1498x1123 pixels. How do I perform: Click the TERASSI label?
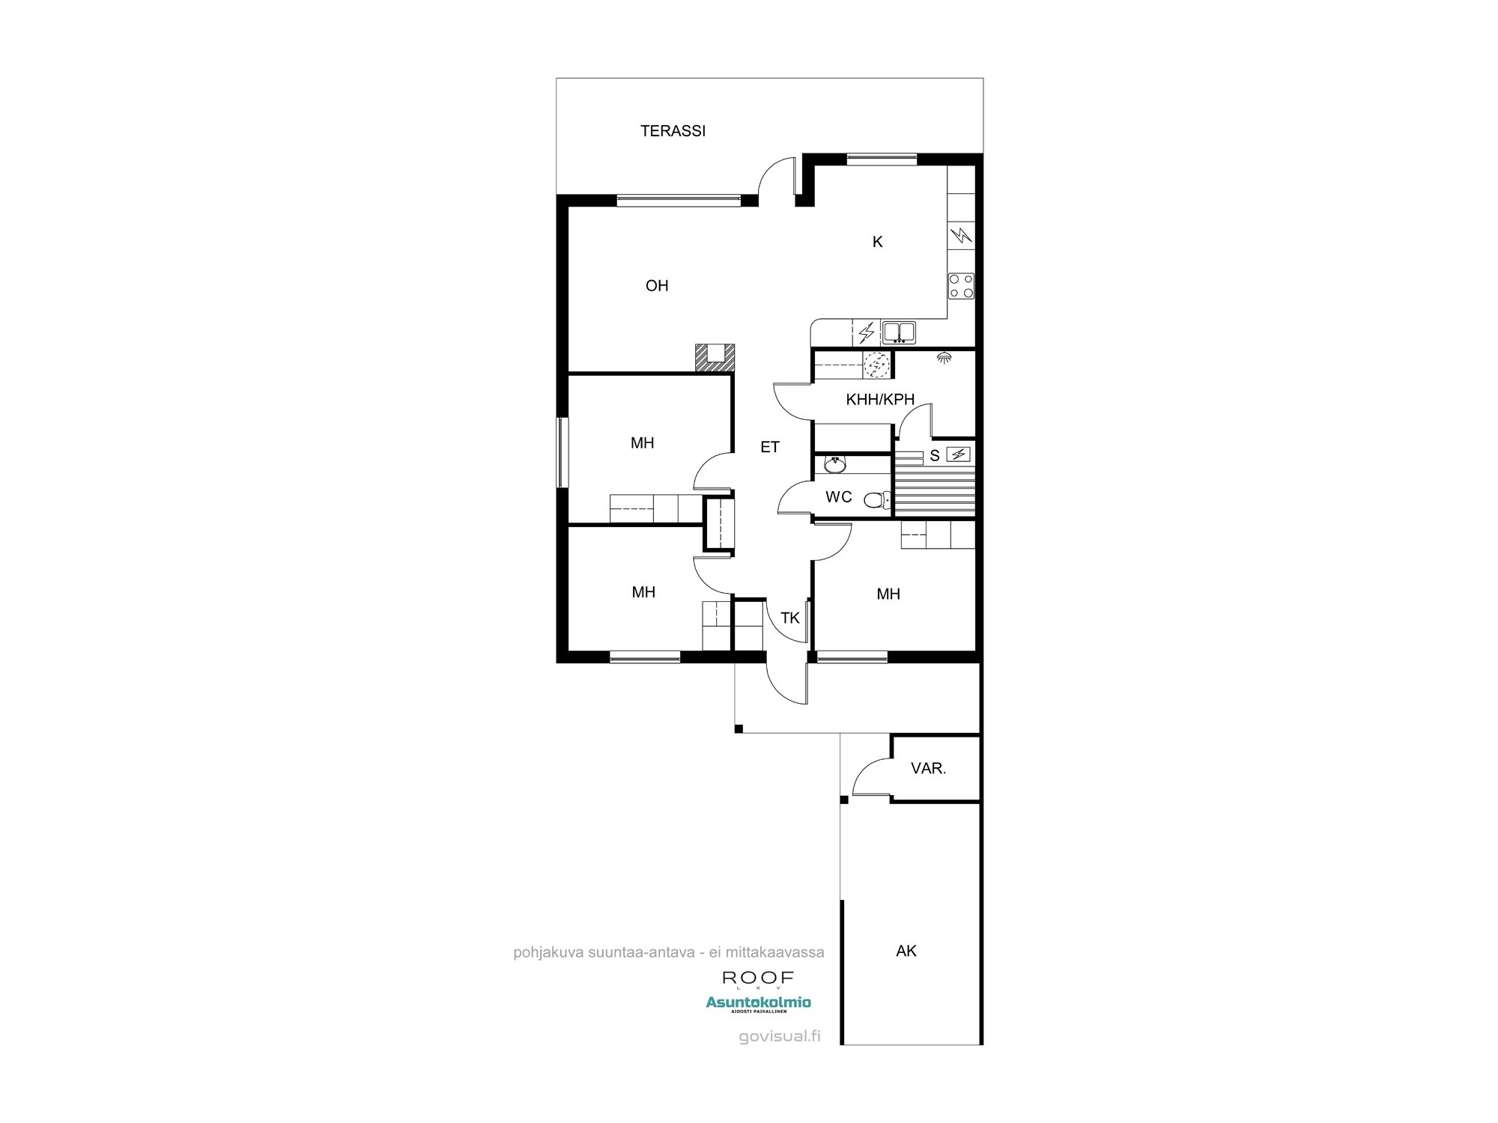coord(673,131)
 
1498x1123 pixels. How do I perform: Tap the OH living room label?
coord(657,285)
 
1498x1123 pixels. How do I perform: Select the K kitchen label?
coord(877,242)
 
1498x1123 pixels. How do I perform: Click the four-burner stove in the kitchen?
coord(961,285)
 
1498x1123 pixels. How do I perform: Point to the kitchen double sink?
coord(899,331)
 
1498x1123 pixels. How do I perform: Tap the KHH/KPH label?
coord(880,400)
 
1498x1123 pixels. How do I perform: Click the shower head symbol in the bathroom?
coord(944,358)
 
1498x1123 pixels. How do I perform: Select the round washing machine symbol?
coord(876,365)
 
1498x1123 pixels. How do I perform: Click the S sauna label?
coord(934,455)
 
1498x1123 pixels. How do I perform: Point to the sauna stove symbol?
coord(958,454)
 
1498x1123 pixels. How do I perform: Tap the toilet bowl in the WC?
coord(876,499)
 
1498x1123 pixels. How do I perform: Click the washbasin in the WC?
coord(834,465)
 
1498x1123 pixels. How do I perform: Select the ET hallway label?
coord(770,447)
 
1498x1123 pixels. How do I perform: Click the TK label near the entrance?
coord(789,618)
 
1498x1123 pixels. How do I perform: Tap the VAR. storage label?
coord(928,768)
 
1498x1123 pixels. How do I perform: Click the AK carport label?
coord(906,951)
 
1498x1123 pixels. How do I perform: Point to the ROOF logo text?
coord(757,978)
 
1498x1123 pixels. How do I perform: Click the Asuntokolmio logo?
coord(758,1002)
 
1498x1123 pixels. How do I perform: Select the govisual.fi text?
coord(779,1037)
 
